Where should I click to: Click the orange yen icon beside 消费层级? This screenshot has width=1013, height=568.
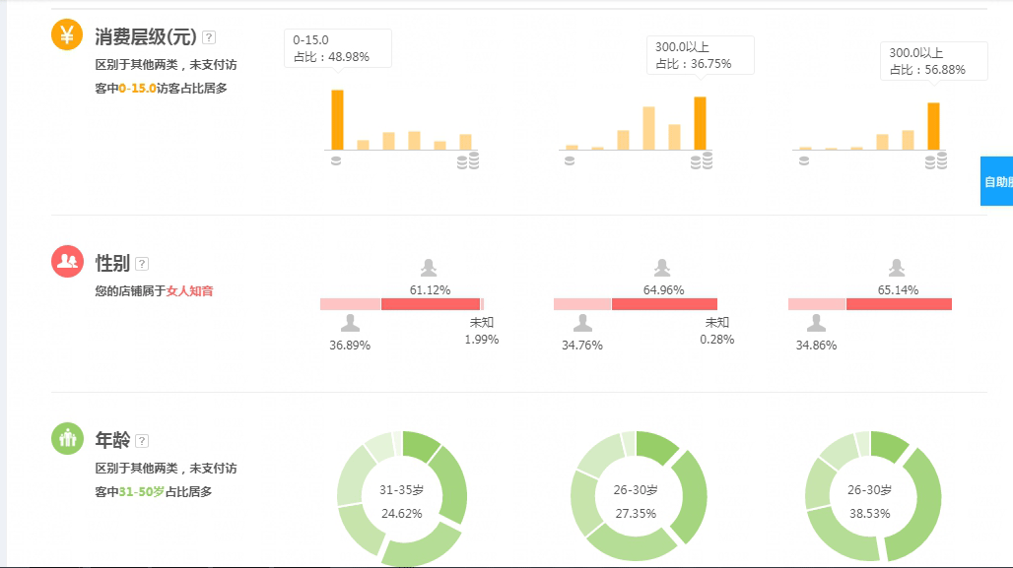[x=67, y=35]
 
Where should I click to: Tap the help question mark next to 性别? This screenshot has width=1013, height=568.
[x=142, y=264]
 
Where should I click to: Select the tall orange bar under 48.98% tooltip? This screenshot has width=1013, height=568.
[x=337, y=119]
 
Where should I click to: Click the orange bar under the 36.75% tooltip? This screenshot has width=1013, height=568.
[x=700, y=123]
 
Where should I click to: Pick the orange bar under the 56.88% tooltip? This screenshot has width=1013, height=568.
[x=933, y=126]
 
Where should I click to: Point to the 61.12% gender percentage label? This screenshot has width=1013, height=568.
[x=430, y=289]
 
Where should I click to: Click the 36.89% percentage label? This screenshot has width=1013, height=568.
[x=350, y=346]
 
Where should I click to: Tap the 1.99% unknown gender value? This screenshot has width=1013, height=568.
[x=482, y=340]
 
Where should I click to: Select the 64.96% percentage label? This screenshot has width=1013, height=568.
[x=663, y=289]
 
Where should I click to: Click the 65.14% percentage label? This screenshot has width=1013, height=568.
[x=898, y=289]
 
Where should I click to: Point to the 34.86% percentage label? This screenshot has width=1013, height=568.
[x=816, y=346]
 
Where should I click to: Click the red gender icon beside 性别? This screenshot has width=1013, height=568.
[x=67, y=261]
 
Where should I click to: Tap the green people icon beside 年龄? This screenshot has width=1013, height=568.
[x=67, y=438]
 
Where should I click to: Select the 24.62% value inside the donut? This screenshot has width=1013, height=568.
[x=401, y=513]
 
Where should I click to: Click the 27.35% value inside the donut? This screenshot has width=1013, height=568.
[x=636, y=513]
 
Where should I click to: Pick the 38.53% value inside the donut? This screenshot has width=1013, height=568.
[x=870, y=513]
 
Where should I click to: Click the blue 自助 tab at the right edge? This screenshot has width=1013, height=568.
[x=997, y=181]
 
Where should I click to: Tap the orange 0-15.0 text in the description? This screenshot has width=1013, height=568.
[x=137, y=89]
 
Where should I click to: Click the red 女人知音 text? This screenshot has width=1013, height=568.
[x=189, y=291]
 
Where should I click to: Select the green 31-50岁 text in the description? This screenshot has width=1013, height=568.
[x=141, y=492]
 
